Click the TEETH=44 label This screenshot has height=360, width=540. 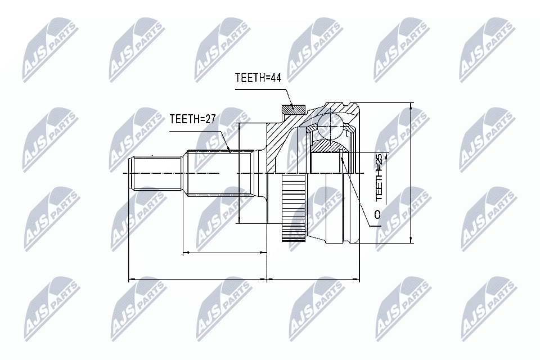(x=257, y=78)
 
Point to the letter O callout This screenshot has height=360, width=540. (x=377, y=214)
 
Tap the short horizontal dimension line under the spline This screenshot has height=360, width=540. (x=225, y=253)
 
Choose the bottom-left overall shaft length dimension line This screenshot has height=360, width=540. (x=197, y=278)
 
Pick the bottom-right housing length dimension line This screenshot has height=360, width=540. (x=312, y=278)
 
